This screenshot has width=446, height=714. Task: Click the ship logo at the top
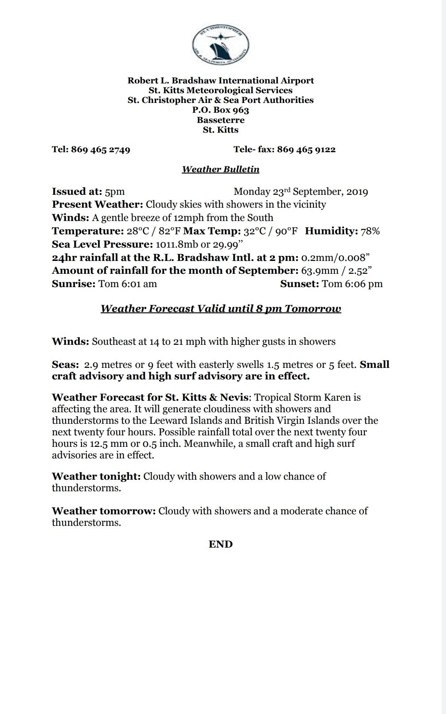[x=220, y=43]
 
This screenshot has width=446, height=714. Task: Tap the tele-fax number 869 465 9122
[x=306, y=150]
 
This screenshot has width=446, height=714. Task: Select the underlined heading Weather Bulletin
[x=220, y=169]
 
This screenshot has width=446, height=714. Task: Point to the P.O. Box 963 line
[x=220, y=110]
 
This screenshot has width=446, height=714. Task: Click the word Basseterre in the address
[x=220, y=120]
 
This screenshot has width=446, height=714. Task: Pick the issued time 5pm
[x=115, y=192]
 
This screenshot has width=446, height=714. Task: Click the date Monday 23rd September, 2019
[x=301, y=192]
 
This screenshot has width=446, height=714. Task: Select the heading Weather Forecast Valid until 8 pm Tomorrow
[x=220, y=308]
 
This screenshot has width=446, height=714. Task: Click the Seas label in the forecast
[x=65, y=365]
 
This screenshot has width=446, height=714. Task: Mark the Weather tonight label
[x=96, y=477]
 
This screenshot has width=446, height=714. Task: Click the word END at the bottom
[x=220, y=544]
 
